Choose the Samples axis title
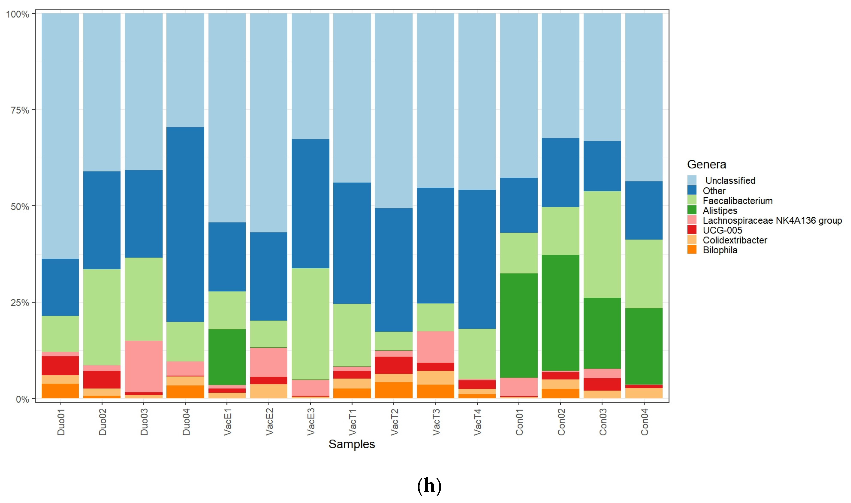pyautogui.click(x=352, y=444)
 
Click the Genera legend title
pyautogui.click(x=706, y=164)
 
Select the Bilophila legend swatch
pyautogui.click(x=692, y=250)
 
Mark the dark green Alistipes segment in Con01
pyautogui.click(x=519, y=325)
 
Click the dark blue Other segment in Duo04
pyautogui.click(x=185, y=224)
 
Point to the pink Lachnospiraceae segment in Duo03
pyautogui.click(x=143, y=366)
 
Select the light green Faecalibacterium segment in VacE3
pyautogui.click(x=310, y=324)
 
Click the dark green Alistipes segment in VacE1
pyautogui.click(x=227, y=357)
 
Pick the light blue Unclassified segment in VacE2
pyautogui.click(x=268, y=122)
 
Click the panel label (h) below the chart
pyautogui.click(x=429, y=486)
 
